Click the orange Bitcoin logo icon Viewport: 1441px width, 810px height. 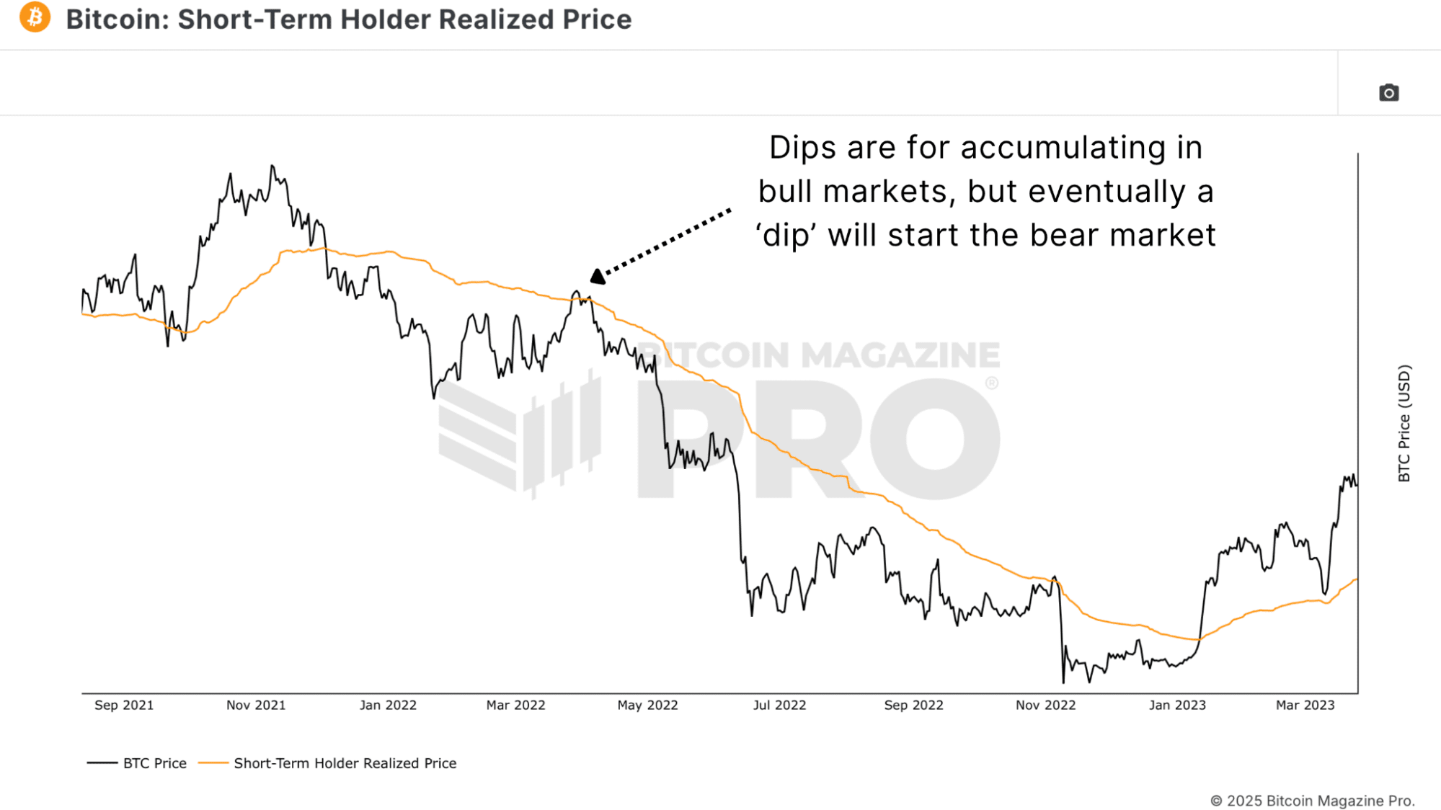35,17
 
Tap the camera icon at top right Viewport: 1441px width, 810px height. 1388,93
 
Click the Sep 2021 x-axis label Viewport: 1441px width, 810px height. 124,706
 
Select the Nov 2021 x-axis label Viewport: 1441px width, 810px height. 256,706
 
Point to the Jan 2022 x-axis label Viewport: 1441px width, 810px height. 388,706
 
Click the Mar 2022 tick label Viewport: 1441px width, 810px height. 515,706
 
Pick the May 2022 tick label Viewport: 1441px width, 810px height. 647,706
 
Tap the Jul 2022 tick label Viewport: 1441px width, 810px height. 779,706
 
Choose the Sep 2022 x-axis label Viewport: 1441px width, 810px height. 913,706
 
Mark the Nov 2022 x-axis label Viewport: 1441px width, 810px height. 1045,706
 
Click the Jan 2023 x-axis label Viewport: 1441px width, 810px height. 1177,706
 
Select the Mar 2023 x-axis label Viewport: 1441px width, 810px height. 1305,706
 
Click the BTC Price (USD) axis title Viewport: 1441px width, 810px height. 1404,424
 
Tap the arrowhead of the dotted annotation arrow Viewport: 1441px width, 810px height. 598,276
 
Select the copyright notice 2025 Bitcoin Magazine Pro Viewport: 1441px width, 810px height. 1312,801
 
